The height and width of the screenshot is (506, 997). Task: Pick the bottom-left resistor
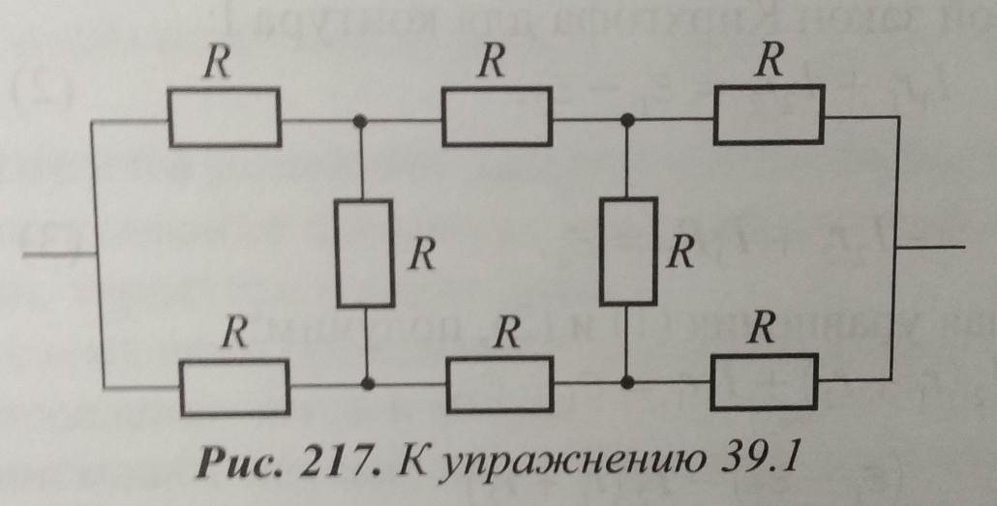pos(232,384)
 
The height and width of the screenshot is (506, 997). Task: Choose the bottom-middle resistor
pos(501,383)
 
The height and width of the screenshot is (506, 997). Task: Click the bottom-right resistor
pos(764,380)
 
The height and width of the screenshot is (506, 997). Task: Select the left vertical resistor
pos(365,253)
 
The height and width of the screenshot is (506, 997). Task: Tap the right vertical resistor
pos(628,251)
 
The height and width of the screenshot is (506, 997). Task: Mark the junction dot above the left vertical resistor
pos(362,122)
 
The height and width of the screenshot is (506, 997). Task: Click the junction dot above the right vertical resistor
pos(627,120)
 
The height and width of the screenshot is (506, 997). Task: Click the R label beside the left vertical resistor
pos(420,254)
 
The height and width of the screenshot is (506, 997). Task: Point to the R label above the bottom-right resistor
pos(764,330)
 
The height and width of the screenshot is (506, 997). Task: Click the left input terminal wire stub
pos(58,255)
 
